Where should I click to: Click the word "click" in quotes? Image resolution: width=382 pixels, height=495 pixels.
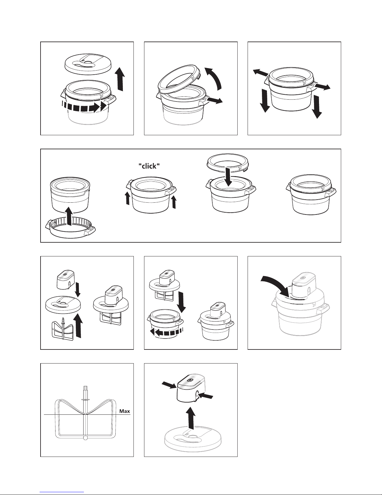coord(149,166)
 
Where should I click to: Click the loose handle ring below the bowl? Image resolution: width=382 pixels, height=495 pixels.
coord(70,228)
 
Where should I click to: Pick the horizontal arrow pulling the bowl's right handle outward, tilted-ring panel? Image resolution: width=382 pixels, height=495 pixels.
coord(215,100)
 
